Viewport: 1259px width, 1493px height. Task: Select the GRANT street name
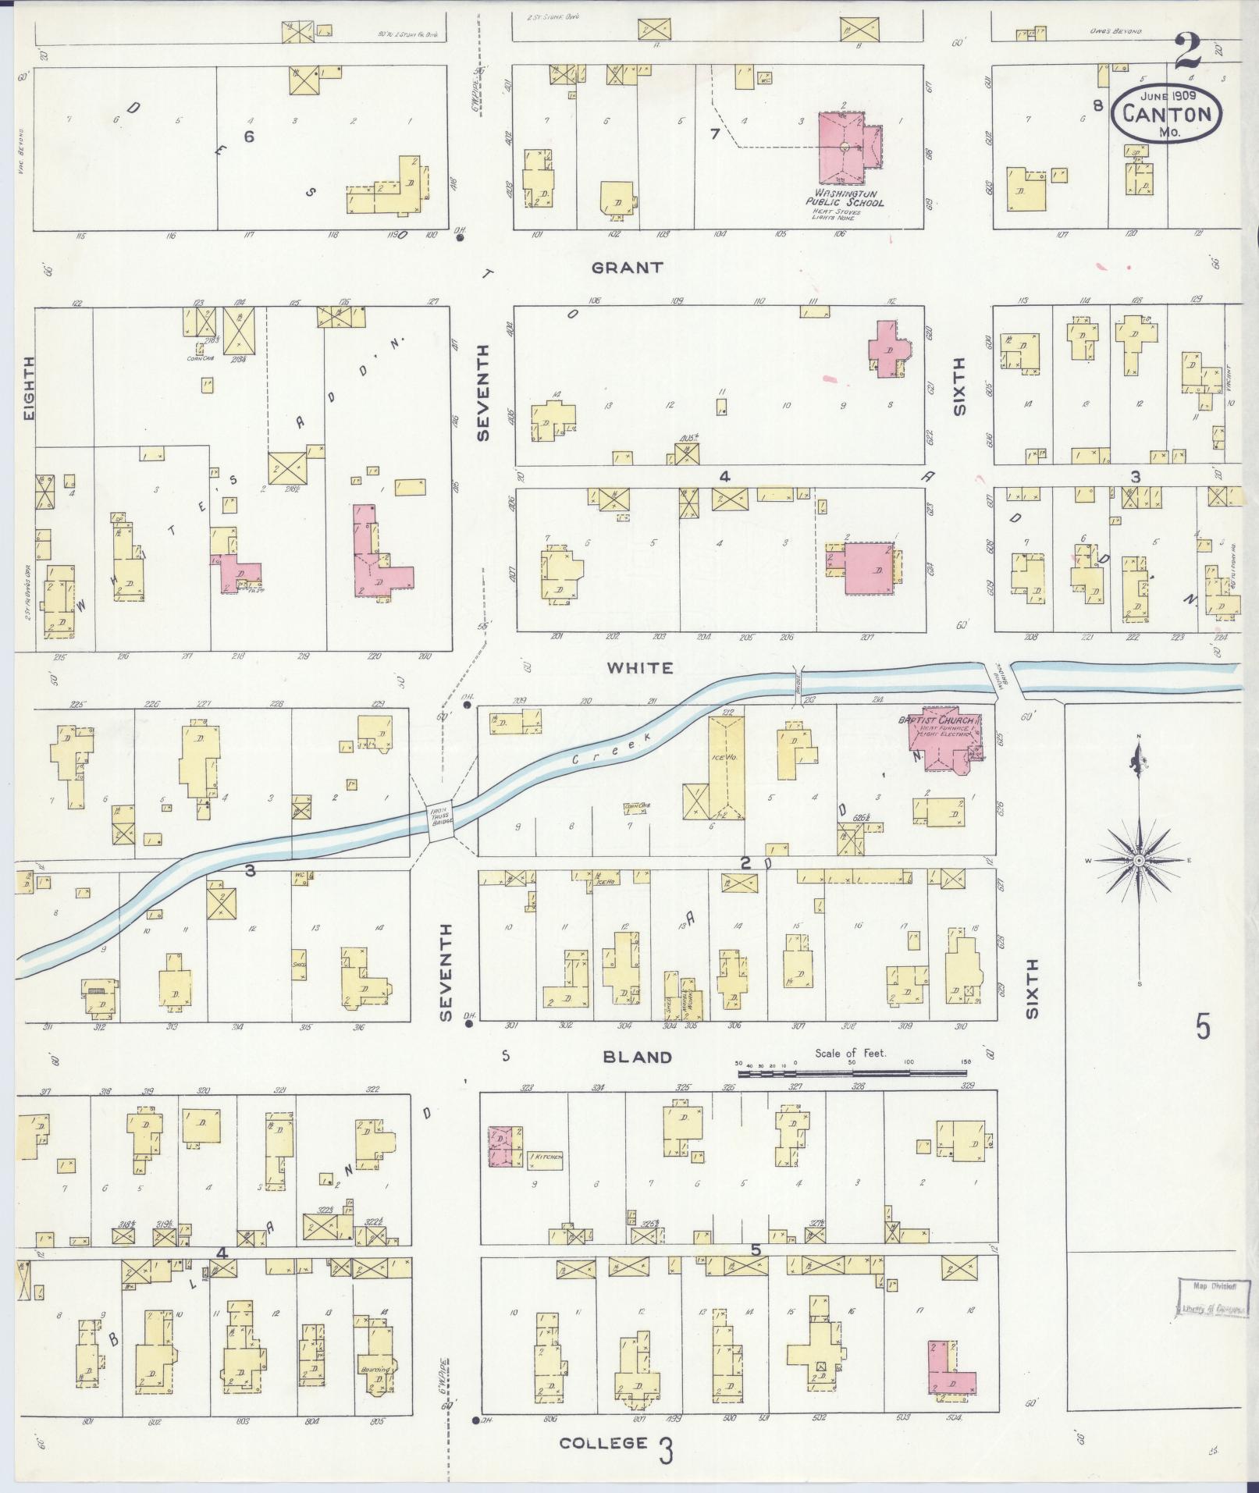(x=628, y=268)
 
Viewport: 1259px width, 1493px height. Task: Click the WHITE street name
(x=640, y=668)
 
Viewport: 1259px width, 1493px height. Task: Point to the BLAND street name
(x=637, y=1058)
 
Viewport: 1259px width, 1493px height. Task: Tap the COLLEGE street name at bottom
(x=603, y=1443)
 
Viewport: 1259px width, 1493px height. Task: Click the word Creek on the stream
(x=598, y=748)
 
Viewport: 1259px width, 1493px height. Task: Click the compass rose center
(x=1138, y=860)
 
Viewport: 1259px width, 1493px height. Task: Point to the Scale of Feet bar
(x=851, y=1074)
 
